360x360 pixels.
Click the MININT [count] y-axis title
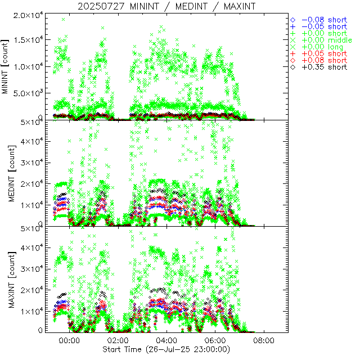pos(6,66)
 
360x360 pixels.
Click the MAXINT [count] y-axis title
pos(6,280)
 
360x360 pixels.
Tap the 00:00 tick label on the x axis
pos(70,341)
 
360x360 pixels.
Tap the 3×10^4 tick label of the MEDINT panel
pos(31,163)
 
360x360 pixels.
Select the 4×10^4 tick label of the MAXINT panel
pos(31,248)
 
